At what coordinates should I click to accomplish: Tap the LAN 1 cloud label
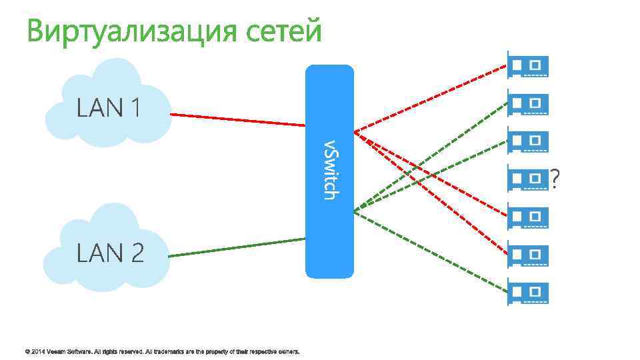tap(108, 107)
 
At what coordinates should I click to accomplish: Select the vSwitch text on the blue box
tap(329, 169)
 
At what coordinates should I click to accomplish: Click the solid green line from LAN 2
tap(237, 247)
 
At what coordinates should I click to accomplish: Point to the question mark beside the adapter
tap(555, 178)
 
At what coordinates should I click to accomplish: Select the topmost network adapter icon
tap(528, 65)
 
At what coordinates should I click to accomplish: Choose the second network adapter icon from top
tap(528, 103)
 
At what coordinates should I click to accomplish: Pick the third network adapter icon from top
tap(528, 141)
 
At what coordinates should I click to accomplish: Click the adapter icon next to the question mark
tap(528, 179)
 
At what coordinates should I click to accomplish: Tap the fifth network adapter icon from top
tap(528, 217)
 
